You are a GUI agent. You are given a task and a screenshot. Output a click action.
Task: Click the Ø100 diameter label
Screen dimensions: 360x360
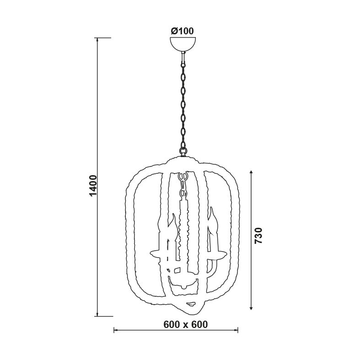pyautogui.click(x=183, y=31)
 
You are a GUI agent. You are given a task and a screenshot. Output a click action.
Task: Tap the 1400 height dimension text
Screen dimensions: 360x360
pyautogui.click(x=93, y=186)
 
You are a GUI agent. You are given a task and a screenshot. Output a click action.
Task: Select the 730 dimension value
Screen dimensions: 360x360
pyautogui.click(x=258, y=236)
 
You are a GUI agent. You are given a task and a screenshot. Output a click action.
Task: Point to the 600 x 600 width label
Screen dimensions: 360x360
pyautogui.click(x=186, y=324)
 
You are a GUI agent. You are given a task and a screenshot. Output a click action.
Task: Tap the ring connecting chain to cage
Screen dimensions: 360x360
pyautogui.click(x=183, y=151)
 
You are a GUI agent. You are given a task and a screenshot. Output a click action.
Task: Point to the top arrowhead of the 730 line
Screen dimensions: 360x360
pyautogui.click(x=251, y=173)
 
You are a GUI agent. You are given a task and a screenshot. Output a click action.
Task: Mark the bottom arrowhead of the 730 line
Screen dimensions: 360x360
pyautogui.click(x=251, y=308)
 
